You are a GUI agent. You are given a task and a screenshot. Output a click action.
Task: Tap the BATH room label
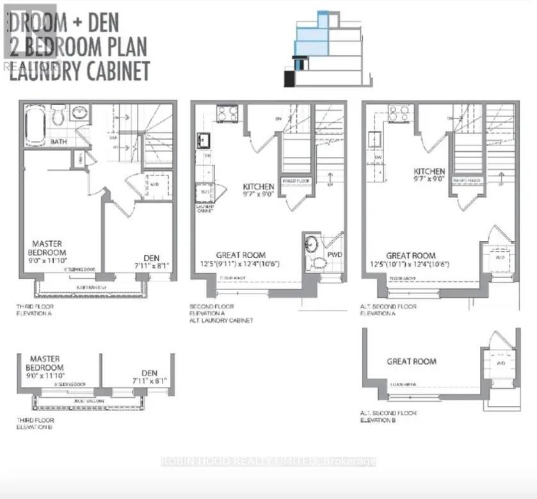coord(59,142)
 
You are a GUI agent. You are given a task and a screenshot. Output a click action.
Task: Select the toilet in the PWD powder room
coord(316,263)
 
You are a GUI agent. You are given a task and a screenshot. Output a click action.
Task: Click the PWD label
coord(335,254)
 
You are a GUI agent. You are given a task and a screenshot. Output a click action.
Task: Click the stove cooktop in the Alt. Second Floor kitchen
coord(399,115)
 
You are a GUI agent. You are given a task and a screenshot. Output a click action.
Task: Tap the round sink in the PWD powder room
coord(311,243)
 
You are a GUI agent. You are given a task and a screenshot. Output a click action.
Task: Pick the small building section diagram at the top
coord(326,48)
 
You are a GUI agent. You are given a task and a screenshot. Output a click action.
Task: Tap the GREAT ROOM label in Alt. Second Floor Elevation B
coord(412,361)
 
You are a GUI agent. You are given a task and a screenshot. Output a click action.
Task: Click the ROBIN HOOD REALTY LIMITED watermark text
coord(269,461)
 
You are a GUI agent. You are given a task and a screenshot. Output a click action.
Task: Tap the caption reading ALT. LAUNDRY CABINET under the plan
coord(222,320)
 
